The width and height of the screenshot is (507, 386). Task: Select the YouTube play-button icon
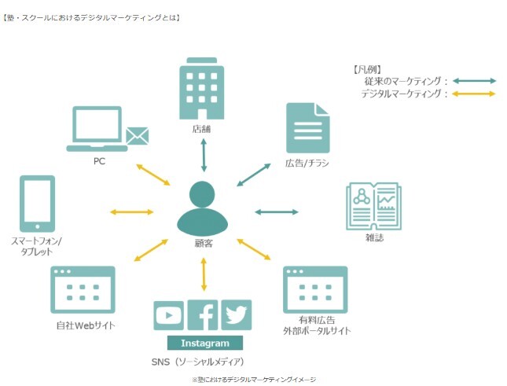pyautogui.click(x=168, y=315)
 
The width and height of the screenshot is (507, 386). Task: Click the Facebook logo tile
pyautogui.click(x=203, y=315)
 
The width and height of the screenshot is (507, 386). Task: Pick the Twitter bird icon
pyautogui.click(x=237, y=314)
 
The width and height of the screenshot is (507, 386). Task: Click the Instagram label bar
pyautogui.click(x=205, y=343)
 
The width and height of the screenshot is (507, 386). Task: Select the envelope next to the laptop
pyautogui.click(x=137, y=136)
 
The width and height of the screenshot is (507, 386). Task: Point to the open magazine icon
pyautogui.click(x=373, y=206)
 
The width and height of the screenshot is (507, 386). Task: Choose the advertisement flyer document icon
pyautogui.click(x=307, y=128)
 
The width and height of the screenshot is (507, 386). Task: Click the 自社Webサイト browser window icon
pyautogui.click(x=83, y=291)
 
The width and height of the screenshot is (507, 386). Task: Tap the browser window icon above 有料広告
pyautogui.click(x=315, y=291)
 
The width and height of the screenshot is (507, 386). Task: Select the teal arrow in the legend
pyautogui.click(x=473, y=80)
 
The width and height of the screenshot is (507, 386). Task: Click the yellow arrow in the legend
pyautogui.click(x=473, y=94)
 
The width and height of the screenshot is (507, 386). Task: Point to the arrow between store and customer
pyautogui.click(x=204, y=154)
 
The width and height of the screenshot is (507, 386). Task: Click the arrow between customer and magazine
pyautogui.click(x=276, y=211)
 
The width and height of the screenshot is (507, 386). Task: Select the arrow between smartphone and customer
pyautogui.click(x=132, y=211)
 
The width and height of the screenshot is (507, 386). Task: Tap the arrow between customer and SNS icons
pyautogui.click(x=204, y=274)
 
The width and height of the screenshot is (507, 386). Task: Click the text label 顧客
pyautogui.click(x=204, y=243)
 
